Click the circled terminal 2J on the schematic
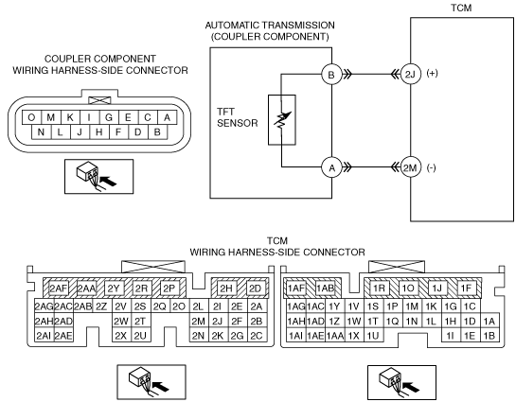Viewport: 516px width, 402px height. tap(410, 75)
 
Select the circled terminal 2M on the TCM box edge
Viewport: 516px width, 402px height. tap(410, 167)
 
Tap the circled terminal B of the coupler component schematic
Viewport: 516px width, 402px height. tap(331, 75)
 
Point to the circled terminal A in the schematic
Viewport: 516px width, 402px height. tap(331, 167)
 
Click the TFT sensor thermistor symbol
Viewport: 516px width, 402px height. tap(282, 119)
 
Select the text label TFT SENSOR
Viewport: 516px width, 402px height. tap(237, 117)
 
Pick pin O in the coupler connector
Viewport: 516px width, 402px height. tap(31, 117)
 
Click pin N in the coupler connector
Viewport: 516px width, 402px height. tap(41, 131)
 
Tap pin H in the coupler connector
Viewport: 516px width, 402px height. tap(98, 131)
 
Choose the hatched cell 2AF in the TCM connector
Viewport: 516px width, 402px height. tap(59, 288)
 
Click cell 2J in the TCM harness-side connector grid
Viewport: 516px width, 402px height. tap(217, 321)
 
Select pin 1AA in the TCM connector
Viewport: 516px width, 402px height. tap(334, 335)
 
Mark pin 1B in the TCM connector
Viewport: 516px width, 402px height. tap(489, 335)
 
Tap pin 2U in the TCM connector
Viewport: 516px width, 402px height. tap(140, 335)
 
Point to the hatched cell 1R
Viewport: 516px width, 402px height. tap(379, 288)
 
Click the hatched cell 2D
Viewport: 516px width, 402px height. tap(255, 288)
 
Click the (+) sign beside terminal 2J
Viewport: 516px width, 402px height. tap(432, 73)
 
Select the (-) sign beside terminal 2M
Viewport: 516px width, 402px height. tap(431, 168)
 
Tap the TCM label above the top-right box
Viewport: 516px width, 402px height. tap(461, 8)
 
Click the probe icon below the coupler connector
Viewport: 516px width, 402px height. tap(99, 177)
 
